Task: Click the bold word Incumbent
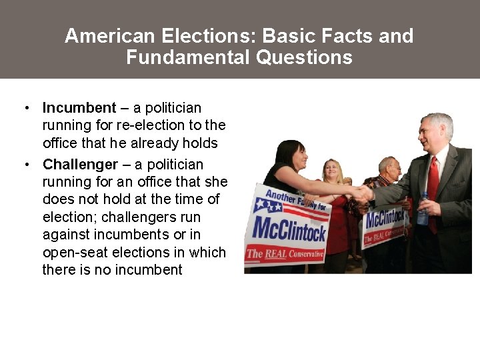tap(79, 108)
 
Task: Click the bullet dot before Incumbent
tap(25, 108)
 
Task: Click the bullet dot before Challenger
tap(25, 165)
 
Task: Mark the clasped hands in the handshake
tap(363, 194)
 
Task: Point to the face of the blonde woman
tap(333, 173)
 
